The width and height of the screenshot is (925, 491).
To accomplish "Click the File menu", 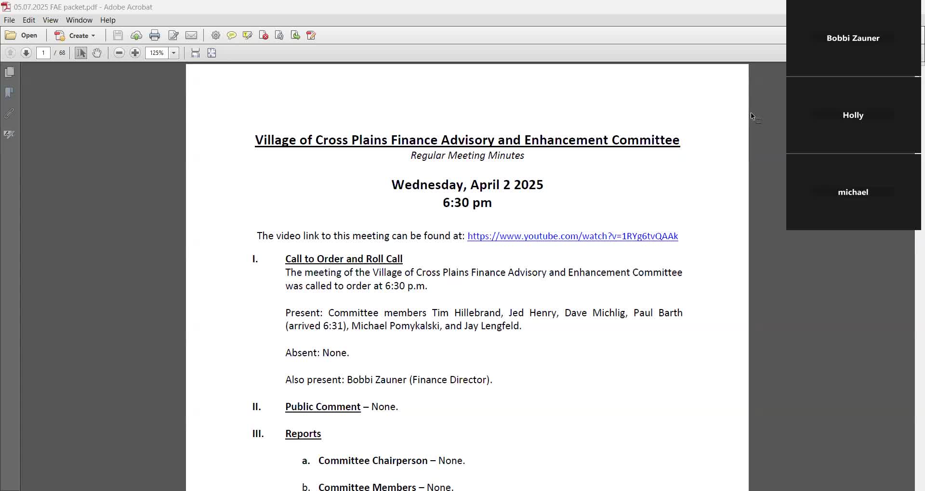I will pyautogui.click(x=9, y=20).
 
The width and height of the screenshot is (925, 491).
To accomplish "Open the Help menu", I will pyautogui.click(x=107, y=20).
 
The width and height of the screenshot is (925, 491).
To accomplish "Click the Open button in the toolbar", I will pyautogui.click(x=22, y=36).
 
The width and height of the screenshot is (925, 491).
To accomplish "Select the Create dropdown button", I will pyautogui.click(x=75, y=36).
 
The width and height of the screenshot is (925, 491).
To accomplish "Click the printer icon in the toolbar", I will pyautogui.click(x=155, y=36).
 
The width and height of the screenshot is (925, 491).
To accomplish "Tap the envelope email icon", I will pyautogui.click(x=191, y=36).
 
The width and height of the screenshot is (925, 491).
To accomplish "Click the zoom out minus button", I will pyautogui.click(x=119, y=53).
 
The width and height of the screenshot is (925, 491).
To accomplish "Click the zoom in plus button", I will pyautogui.click(x=135, y=53).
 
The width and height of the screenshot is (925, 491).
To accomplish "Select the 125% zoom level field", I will pyautogui.click(x=157, y=53).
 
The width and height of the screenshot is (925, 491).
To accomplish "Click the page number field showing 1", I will pyautogui.click(x=43, y=53).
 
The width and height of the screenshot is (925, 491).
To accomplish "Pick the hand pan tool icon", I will pyautogui.click(x=97, y=53).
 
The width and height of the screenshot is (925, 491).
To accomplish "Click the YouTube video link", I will pyautogui.click(x=572, y=236).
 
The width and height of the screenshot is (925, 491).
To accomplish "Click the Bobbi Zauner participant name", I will pyautogui.click(x=853, y=39).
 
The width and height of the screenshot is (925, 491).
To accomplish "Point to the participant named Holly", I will pyautogui.click(x=853, y=116).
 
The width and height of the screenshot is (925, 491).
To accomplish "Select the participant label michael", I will pyautogui.click(x=853, y=193).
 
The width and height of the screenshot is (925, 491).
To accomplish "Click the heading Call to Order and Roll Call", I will pyautogui.click(x=344, y=259).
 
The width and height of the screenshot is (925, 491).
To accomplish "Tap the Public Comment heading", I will pyautogui.click(x=323, y=407).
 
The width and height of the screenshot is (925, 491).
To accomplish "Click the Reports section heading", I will pyautogui.click(x=303, y=434).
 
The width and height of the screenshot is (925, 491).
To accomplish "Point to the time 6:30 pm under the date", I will pyautogui.click(x=467, y=203).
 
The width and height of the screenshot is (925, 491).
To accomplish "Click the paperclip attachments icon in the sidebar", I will pyautogui.click(x=9, y=114).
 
